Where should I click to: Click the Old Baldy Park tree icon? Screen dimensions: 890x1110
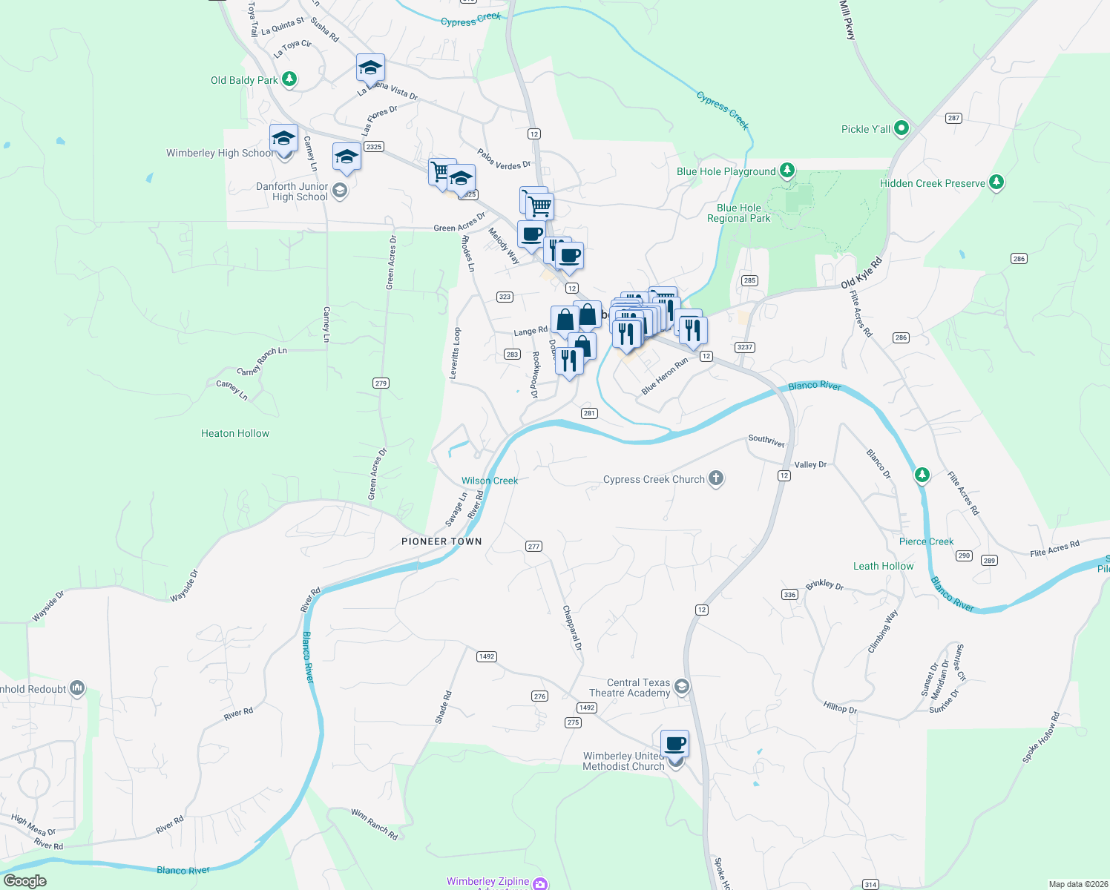pos(289,79)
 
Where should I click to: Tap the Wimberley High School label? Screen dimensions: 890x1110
pos(219,154)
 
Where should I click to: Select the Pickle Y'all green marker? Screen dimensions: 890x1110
pos(902,128)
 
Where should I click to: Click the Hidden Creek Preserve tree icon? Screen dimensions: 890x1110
pos(996,182)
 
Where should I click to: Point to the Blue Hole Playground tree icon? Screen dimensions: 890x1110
pos(787,171)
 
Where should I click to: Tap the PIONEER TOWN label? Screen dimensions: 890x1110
pos(441,541)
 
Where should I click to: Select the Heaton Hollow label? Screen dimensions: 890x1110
pos(235,433)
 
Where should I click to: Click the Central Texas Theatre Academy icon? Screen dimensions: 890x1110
pos(682,687)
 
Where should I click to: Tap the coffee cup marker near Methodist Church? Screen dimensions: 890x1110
pos(675,742)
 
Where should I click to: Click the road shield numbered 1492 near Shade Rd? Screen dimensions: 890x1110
pos(487,656)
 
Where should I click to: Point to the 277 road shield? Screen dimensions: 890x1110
pos(533,547)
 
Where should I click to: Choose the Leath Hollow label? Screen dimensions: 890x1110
pos(883,566)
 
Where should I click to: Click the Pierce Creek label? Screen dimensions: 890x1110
pos(926,541)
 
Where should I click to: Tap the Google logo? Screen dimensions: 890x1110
pos(24,880)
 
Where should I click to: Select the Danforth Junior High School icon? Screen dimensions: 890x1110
pos(340,191)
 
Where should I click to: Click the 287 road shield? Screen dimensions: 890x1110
pos(953,118)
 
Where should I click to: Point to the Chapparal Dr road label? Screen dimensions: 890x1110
pos(572,628)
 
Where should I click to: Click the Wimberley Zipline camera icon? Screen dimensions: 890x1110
pos(540,883)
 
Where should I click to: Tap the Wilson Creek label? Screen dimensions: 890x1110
pos(490,481)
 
